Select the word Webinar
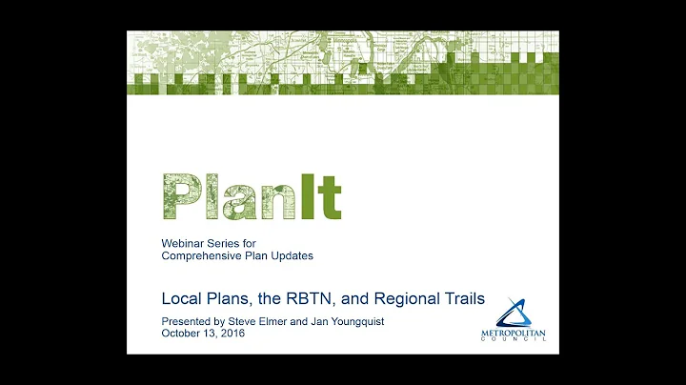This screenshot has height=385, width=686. (x=183, y=243)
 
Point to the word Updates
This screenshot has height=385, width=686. (x=291, y=255)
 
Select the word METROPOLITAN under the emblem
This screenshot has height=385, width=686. (x=518, y=334)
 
